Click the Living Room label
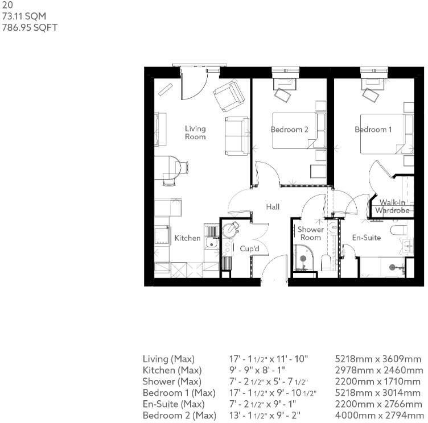[195, 133]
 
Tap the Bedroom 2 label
[289, 130]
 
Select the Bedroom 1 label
[373, 130]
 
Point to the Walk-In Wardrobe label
[392, 206]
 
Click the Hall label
[273, 208]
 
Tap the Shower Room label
[311, 234]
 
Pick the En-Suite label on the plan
[366, 238]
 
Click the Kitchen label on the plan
[187, 238]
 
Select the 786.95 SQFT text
[22, 27]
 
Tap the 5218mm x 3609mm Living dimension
[378, 359]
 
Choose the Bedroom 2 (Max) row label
[179, 416]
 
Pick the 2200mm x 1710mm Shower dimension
[378, 381]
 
